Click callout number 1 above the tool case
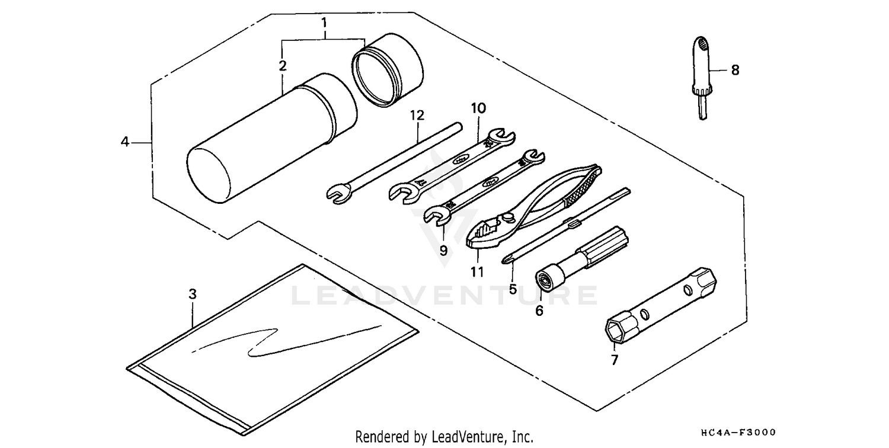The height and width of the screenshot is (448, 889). pyautogui.click(x=324, y=24)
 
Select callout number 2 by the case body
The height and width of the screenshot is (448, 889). pyautogui.click(x=283, y=65)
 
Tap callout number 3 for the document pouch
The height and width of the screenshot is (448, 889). pyautogui.click(x=192, y=294)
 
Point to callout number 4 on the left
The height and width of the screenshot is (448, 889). pyautogui.click(x=125, y=142)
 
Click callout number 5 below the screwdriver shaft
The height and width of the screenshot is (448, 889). pyautogui.click(x=513, y=289)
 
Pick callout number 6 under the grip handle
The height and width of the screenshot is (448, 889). pyautogui.click(x=539, y=310)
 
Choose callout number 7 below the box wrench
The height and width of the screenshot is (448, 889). pyautogui.click(x=614, y=360)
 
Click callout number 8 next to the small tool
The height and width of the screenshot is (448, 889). pyautogui.click(x=735, y=70)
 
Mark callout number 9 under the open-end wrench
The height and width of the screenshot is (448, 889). pyautogui.click(x=443, y=250)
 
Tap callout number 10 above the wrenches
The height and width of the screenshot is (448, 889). pyautogui.click(x=478, y=108)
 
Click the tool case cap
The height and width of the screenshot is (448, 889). pyautogui.click(x=388, y=69)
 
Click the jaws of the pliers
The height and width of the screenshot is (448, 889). pyautogui.click(x=488, y=231)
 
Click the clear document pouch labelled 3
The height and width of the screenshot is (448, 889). pyautogui.click(x=273, y=350)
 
